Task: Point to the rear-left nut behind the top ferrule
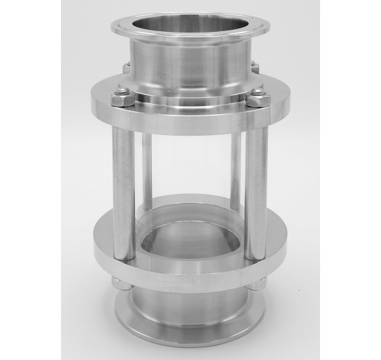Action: [x=127, y=68]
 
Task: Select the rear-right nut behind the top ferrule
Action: [x=254, y=68]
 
